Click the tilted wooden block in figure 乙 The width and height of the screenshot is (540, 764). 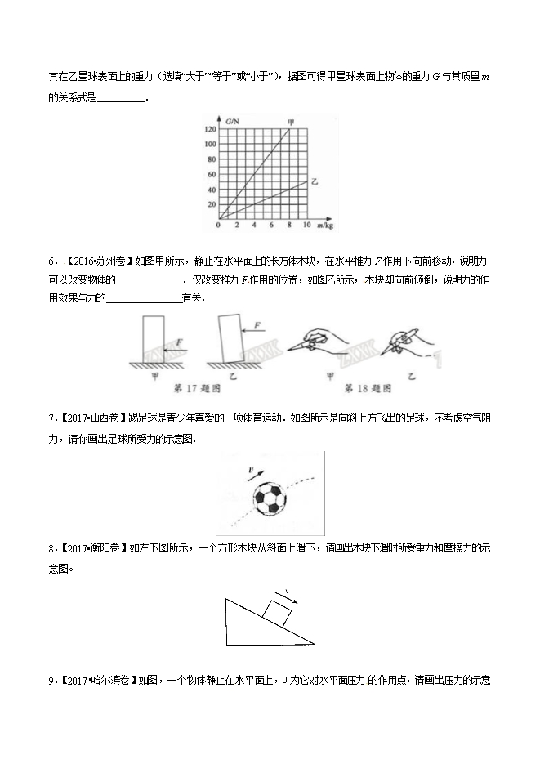coord(232,339)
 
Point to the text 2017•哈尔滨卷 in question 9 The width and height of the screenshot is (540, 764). coord(95,679)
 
